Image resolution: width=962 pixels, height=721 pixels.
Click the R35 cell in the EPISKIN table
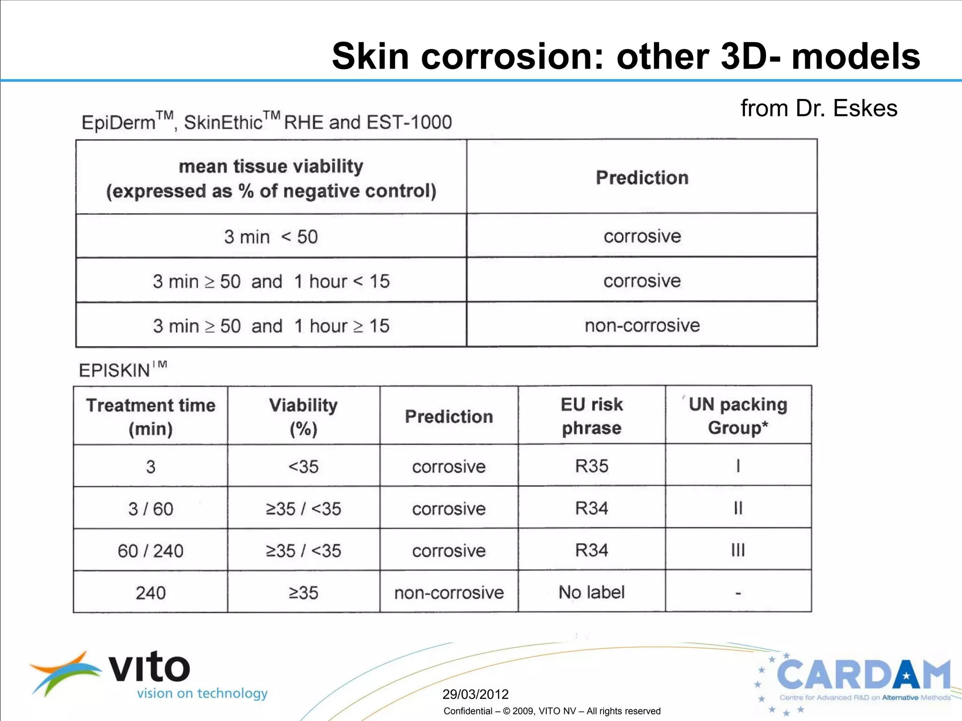click(x=591, y=466)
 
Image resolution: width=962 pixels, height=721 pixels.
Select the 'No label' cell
click(x=591, y=592)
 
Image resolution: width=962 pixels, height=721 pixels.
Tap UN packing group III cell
click(x=738, y=550)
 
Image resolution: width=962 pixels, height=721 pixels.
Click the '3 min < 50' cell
click(x=271, y=237)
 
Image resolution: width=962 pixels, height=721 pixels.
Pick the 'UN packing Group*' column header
click(x=738, y=416)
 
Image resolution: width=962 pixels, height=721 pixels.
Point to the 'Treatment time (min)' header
click(x=151, y=416)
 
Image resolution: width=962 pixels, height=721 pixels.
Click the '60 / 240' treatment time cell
click(x=150, y=551)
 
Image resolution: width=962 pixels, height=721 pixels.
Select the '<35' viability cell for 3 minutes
click(x=303, y=467)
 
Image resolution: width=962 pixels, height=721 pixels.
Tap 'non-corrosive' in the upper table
click(x=642, y=325)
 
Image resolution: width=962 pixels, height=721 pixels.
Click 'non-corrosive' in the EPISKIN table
click(x=449, y=593)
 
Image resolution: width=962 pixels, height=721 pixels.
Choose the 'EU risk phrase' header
click(x=591, y=416)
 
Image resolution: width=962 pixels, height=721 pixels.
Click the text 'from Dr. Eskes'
click(x=819, y=108)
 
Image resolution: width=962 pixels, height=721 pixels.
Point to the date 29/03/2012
click(x=475, y=694)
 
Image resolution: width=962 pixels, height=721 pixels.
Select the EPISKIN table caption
click(x=123, y=370)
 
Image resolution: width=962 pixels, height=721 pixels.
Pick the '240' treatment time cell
click(x=150, y=593)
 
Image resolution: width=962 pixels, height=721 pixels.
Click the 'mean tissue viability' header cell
click(x=271, y=178)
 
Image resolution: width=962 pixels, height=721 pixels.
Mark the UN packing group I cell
click(x=738, y=466)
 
